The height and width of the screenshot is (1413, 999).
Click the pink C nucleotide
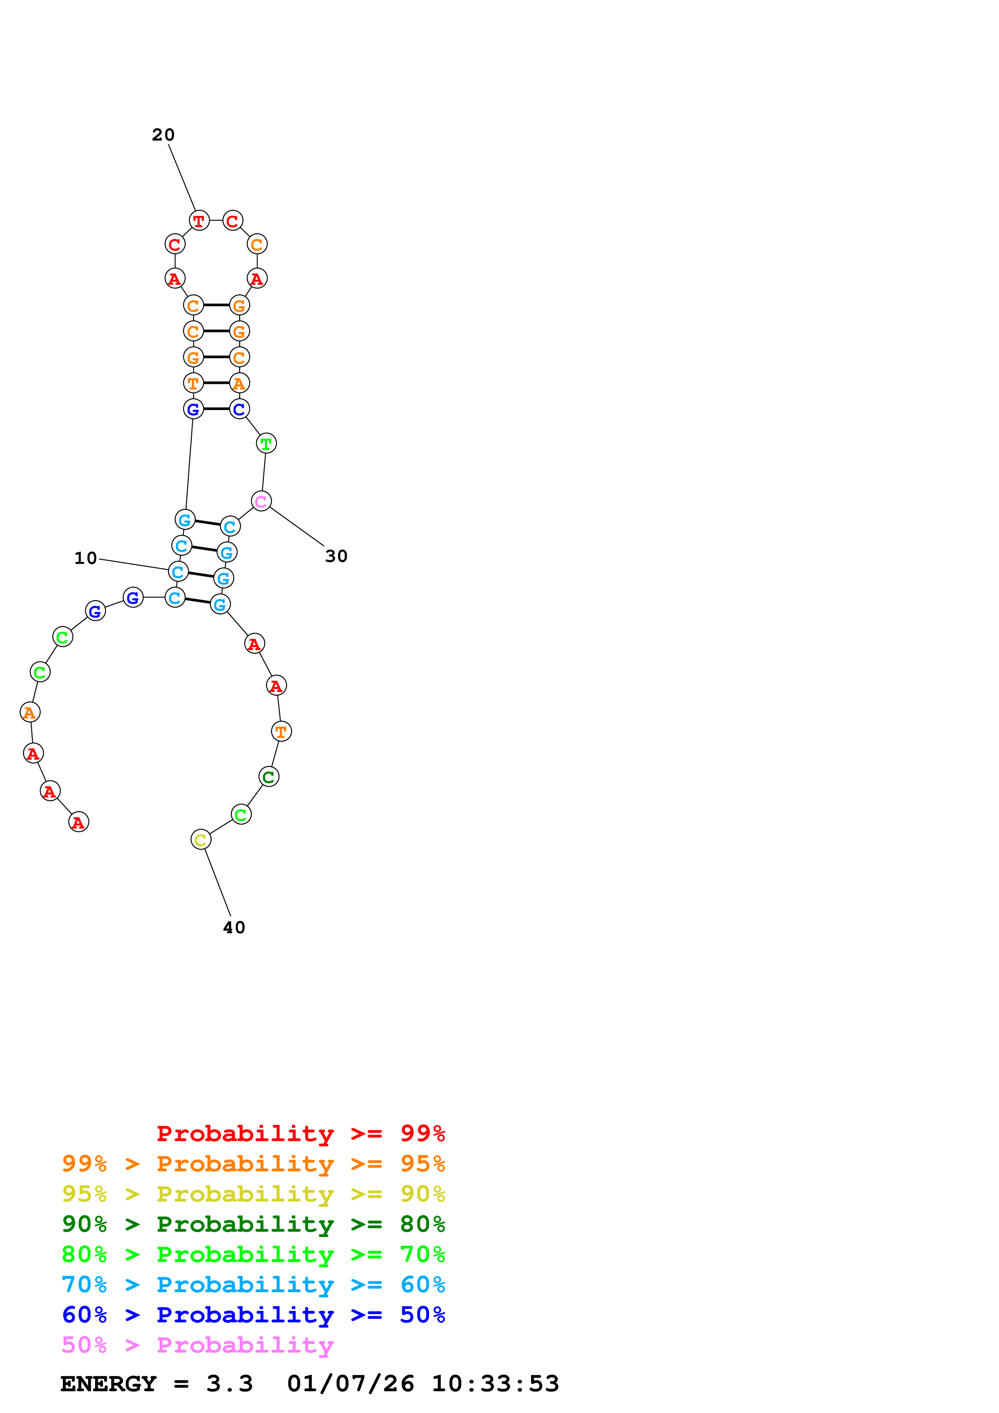(261, 501)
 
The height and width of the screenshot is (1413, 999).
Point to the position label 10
(85, 558)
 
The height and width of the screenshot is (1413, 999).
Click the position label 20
(163, 135)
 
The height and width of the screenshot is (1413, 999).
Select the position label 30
(336, 556)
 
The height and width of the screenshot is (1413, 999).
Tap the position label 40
(234, 928)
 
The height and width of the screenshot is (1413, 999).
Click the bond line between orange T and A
(216, 383)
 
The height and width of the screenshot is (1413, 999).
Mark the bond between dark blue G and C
(216, 409)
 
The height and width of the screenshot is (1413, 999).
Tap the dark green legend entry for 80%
(253, 1224)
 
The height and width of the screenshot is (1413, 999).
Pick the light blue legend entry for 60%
(253, 1285)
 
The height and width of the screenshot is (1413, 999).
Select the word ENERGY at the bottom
(108, 1384)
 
